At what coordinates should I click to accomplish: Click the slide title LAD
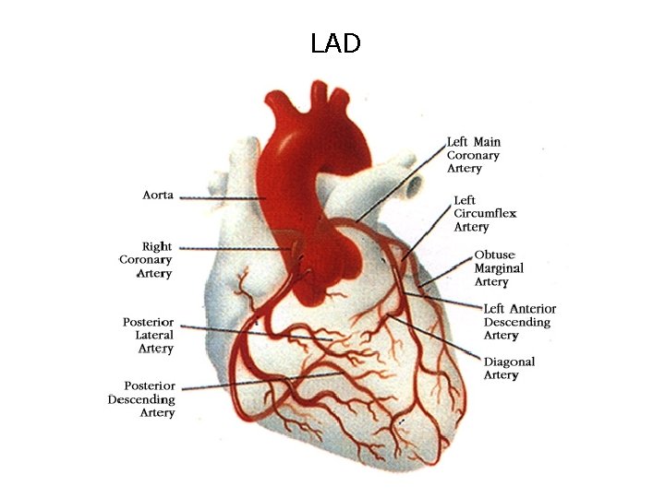click(x=335, y=43)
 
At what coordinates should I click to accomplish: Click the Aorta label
click(x=158, y=196)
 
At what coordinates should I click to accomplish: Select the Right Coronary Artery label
click(x=146, y=260)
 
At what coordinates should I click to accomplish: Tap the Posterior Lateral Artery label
click(x=148, y=335)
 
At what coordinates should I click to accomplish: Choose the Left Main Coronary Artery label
click(x=474, y=155)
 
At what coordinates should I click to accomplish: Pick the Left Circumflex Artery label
click(x=485, y=213)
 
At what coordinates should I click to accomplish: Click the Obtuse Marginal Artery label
click(x=499, y=267)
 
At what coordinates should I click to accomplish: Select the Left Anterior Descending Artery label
click(x=520, y=322)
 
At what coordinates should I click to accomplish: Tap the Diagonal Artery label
click(x=509, y=368)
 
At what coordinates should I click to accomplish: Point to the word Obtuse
click(x=495, y=255)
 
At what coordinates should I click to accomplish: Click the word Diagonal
click(x=509, y=362)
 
